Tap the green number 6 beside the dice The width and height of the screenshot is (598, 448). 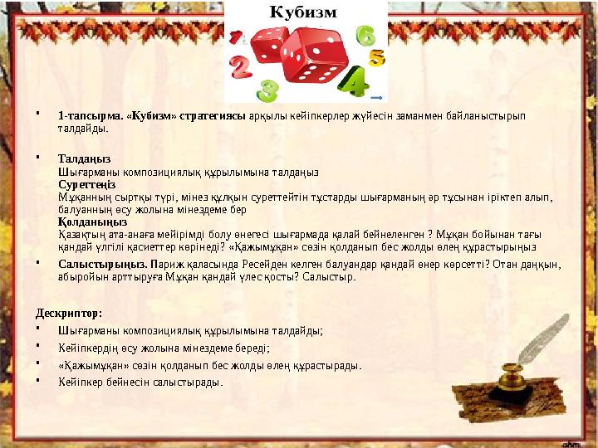coord(365,37)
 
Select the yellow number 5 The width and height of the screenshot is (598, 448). coord(376,58)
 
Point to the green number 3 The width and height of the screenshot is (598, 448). coord(267,89)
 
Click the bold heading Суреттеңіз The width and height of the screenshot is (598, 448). coord(86,183)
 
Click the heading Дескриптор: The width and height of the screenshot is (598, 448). coord(68,314)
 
